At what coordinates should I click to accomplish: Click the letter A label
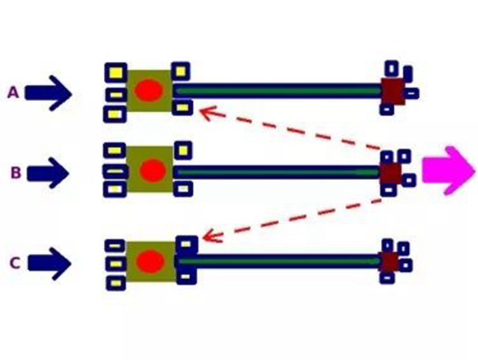coord(13,93)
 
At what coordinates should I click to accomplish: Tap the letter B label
coord(16,173)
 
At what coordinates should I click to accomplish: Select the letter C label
coord(15,263)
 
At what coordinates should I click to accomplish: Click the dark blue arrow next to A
coord(48,93)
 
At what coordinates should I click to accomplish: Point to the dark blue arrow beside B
coord(48,173)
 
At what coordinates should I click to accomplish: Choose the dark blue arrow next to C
coord(50,264)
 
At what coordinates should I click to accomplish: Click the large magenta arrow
coord(448,170)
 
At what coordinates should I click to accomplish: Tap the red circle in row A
coord(149,90)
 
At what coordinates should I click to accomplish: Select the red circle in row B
coord(153,170)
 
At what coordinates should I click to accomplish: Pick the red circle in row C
coord(150,261)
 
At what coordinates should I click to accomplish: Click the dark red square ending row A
coord(393,92)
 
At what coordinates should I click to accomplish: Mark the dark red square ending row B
coord(390,173)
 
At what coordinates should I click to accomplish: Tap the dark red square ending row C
coord(388,262)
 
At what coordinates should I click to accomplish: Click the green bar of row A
coord(278,91)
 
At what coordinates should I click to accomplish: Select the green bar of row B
coord(278,173)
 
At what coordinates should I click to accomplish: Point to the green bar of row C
coord(279,261)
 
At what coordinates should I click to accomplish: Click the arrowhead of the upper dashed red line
coord(207,112)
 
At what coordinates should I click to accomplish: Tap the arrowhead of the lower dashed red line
coord(210,237)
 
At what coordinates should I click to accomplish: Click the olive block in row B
coord(150,169)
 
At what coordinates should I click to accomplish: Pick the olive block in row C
coord(151,262)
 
